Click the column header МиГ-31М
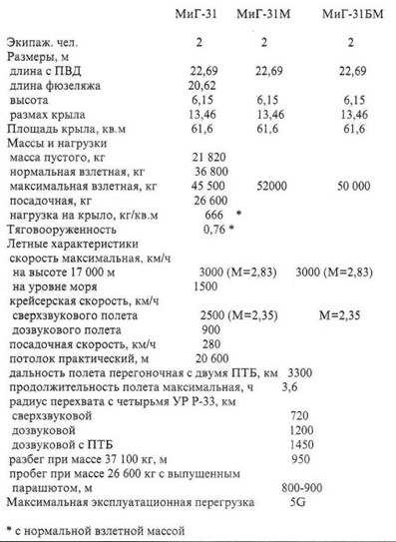(x=266, y=16)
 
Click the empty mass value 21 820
(x=206, y=158)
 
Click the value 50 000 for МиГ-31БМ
(x=349, y=186)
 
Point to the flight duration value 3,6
(x=290, y=385)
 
